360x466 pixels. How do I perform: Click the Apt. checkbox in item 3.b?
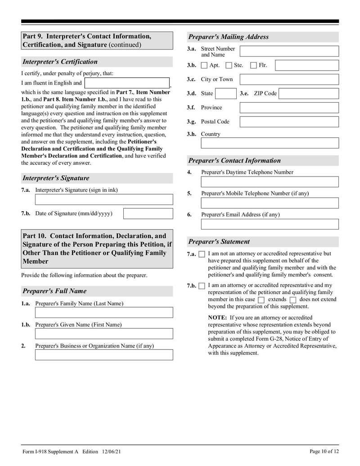(204, 65)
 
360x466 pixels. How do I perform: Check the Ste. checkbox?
(229, 65)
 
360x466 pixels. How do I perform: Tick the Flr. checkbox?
(253, 65)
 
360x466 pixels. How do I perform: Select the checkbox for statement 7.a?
(202, 254)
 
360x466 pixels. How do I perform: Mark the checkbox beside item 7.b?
(202, 286)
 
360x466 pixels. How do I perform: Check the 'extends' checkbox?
(261, 300)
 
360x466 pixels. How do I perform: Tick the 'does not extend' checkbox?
(293, 300)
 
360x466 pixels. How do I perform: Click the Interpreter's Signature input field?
(104, 199)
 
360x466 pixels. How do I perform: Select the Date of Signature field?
(148, 213)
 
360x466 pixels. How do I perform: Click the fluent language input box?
(127, 83)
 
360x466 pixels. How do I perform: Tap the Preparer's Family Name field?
(104, 312)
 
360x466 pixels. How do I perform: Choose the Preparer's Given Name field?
(104, 334)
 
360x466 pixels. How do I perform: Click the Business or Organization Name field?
(104, 355)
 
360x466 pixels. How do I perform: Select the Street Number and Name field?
(289, 51)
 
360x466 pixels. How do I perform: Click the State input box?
(225, 94)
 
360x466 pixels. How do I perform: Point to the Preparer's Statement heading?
(219, 242)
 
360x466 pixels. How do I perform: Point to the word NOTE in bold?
(217, 318)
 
